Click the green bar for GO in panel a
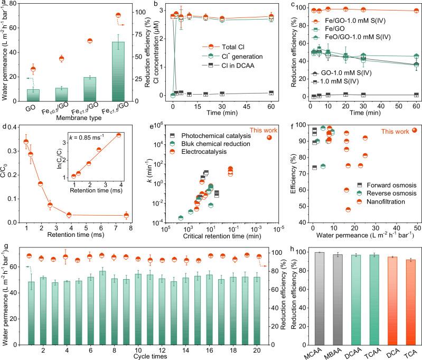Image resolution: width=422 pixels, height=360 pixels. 33,95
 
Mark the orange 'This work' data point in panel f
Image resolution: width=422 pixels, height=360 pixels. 414,131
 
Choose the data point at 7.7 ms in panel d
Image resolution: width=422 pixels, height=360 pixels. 126,215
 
